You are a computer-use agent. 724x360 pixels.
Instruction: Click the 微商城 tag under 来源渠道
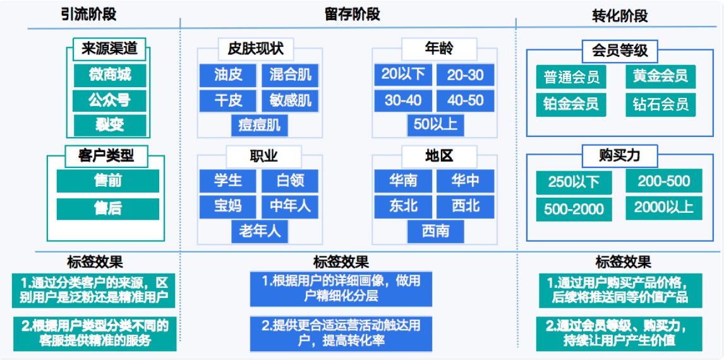click(110, 75)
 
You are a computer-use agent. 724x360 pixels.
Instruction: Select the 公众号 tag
click(110, 100)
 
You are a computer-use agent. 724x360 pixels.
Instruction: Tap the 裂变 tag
click(110, 124)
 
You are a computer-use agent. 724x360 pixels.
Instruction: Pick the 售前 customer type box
click(108, 181)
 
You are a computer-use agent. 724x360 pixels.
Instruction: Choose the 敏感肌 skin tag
click(290, 100)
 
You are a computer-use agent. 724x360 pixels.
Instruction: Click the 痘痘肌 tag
click(260, 126)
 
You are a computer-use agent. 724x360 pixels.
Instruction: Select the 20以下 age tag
click(403, 75)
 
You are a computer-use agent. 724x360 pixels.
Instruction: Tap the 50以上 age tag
click(435, 126)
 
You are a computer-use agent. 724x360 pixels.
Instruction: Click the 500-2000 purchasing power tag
click(574, 209)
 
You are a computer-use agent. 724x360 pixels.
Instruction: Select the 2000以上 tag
click(664, 208)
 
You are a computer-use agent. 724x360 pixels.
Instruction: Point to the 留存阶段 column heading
click(353, 15)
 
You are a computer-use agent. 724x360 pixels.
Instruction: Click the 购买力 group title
click(619, 156)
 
